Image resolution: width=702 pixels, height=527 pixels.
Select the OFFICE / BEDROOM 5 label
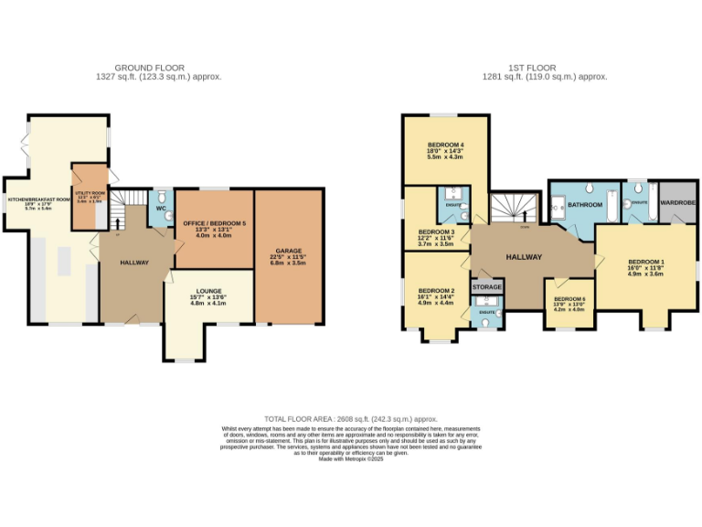tap(213, 223)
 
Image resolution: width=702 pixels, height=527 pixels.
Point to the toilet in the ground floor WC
tap(161, 199)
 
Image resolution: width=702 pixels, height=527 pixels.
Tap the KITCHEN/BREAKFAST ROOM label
tap(39, 199)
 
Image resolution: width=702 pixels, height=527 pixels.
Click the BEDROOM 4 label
tap(446, 145)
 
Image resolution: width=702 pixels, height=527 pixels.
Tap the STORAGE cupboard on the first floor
tap(487, 287)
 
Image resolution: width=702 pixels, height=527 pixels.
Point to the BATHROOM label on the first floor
tap(585, 206)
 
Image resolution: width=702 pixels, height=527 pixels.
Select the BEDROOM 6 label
tap(569, 299)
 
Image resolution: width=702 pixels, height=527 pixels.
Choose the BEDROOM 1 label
tap(645, 263)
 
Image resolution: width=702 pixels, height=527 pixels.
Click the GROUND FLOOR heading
tap(150, 68)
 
